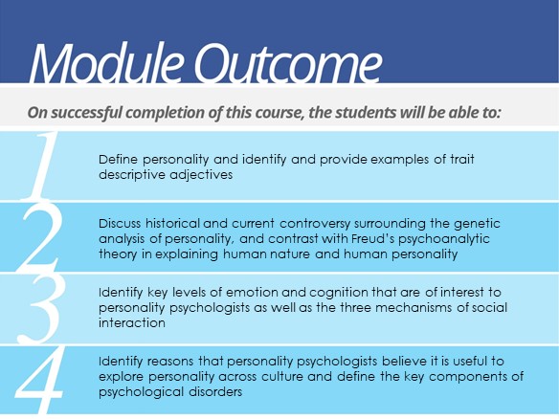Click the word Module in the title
(x=106, y=63)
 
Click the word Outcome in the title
(x=287, y=63)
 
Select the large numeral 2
(x=40, y=238)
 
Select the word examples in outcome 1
(x=399, y=160)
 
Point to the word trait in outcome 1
(x=462, y=159)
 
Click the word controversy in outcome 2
(x=315, y=225)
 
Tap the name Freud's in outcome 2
(x=373, y=238)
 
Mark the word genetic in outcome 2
(x=477, y=225)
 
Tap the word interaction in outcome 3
(x=132, y=323)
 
